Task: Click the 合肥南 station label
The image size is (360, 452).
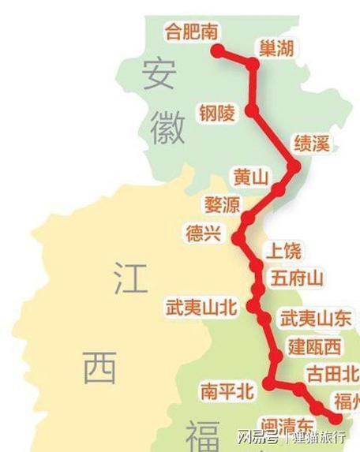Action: click(x=192, y=32)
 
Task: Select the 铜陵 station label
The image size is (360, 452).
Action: click(x=217, y=114)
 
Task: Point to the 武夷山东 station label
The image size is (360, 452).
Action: click(x=316, y=319)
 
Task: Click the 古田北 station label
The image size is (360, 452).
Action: click(x=332, y=373)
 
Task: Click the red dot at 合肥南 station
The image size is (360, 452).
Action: click(x=219, y=51)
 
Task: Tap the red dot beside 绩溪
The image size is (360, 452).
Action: click(x=295, y=166)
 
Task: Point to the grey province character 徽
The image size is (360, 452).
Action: click(x=166, y=126)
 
